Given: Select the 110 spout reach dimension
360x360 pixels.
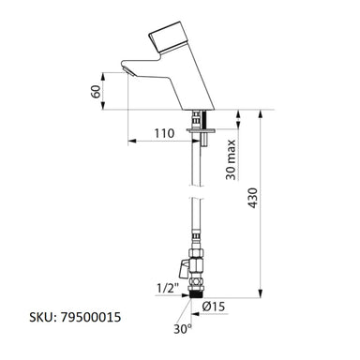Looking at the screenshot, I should pos(166,135).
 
